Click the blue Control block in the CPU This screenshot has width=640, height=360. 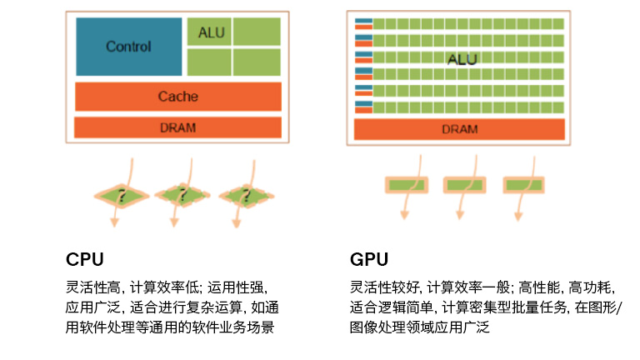click(128, 47)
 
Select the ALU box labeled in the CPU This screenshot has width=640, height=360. click(208, 32)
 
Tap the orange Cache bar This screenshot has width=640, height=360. click(177, 97)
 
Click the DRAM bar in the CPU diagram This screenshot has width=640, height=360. click(177, 127)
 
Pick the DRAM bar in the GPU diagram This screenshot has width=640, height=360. click(459, 129)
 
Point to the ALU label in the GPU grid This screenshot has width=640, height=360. click(462, 60)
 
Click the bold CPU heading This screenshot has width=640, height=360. click(84, 258)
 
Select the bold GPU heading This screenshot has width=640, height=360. click(369, 258)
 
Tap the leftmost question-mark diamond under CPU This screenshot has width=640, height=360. click(122, 197)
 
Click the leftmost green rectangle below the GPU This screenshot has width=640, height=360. click(405, 184)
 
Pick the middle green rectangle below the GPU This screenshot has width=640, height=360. click(464, 184)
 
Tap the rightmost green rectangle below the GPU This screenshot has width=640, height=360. click(522, 184)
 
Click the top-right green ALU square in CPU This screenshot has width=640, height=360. click(256, 32)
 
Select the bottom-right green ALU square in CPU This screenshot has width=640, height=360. click(256, 62)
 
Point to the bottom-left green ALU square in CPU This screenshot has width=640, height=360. click(208, 62)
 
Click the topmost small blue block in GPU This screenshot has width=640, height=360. click(362, 21)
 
